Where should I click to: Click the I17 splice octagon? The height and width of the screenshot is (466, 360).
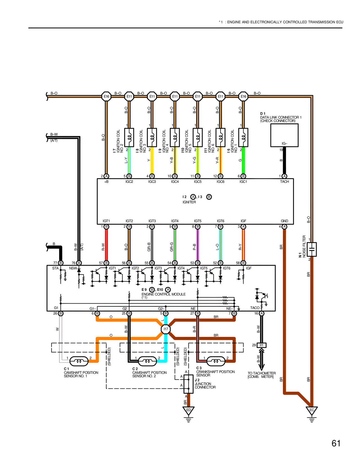coord(166,329)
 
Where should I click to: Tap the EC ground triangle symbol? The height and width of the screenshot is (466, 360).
coord(312,411)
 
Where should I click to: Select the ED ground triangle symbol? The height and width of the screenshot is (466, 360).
coord(188,411)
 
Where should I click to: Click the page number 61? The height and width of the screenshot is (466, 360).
coord(336,443)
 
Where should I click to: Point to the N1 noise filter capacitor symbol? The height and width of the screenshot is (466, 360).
coord(312,249)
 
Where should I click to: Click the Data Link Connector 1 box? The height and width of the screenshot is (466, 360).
coord(284,135)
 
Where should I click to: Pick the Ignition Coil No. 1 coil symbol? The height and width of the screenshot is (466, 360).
coord(243,137)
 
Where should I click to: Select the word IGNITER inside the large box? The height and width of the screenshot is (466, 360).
coord(189,202)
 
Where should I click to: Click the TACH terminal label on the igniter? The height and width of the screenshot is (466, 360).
coord(284,182)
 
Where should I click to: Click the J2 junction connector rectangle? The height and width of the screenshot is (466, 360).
coord(188,384)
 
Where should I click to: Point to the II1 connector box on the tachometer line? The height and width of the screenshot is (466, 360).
coord(262,345)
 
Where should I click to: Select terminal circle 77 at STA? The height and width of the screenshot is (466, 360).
coord(61,263)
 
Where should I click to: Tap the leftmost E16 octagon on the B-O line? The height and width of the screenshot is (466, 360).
coord(106,96)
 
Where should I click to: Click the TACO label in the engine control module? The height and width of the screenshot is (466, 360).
coord(255,308)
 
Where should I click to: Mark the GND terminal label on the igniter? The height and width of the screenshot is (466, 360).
coord(284,221)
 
